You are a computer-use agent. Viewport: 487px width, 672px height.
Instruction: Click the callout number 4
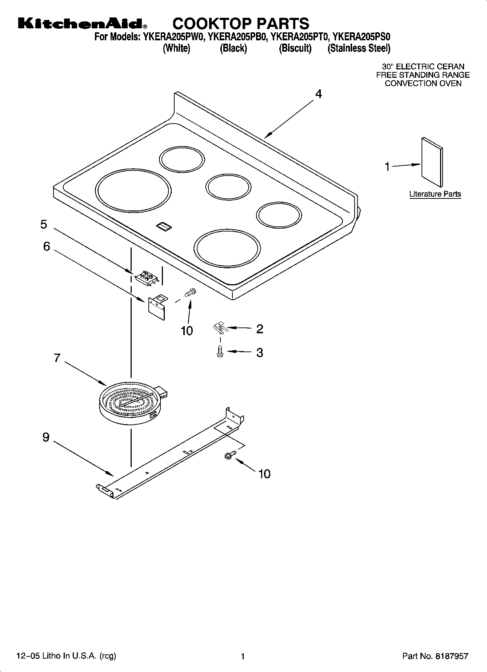tap(318, 94)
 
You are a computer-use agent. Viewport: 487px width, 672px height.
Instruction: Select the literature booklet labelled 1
tap(432, 162)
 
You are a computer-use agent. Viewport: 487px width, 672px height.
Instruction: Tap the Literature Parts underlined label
tap(435, 194)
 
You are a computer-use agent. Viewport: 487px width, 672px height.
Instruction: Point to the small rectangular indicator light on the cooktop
tap(164, 227)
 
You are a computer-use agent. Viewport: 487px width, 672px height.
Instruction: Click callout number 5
tap(44, 224)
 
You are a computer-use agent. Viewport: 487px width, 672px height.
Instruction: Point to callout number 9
tap(46, 437)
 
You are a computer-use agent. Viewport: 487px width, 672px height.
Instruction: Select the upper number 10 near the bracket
tap(187, 331)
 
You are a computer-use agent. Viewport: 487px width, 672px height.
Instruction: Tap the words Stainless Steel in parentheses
tap(359, 48)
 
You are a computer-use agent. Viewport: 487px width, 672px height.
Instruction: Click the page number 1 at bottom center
tap(243, 656)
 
